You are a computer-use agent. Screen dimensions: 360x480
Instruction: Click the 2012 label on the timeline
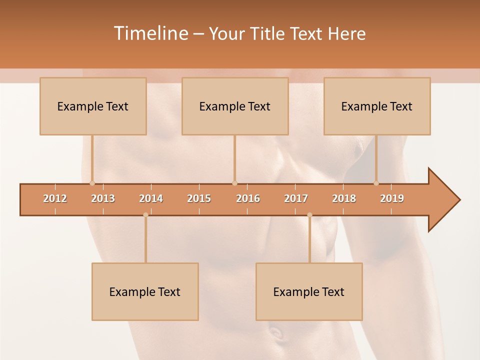click(x=55, y=198)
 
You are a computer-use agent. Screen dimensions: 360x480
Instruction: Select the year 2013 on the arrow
click(x=103, y=198)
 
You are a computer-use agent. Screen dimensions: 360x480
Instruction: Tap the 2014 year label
click(x=151, y=198)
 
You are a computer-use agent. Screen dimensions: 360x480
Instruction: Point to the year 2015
click(x=199, y=198)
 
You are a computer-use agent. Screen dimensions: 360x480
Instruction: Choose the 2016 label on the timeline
click(x=248, y=198)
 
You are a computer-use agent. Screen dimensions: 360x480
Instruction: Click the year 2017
click(x=296, y=198)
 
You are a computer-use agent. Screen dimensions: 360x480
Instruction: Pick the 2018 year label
click(x=344, y=198)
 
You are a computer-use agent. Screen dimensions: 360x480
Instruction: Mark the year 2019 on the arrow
click(x=392, y=198)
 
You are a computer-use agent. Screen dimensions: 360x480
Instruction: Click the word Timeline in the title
click(x=150, y=33)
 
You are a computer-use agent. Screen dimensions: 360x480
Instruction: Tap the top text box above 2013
click(x=93, y=106)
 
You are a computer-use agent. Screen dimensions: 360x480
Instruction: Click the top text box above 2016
click(x=235, y=106)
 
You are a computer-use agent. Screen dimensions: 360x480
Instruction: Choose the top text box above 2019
click(x=377, y=106)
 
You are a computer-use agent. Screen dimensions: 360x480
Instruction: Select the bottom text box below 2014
click(x=145, y=292)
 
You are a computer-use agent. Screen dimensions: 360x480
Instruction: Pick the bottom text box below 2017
click(x=309, y=292)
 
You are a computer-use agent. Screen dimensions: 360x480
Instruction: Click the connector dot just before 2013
click(x=92, y=183)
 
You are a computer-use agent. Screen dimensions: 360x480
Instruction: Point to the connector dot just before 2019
click(x=376, y=183)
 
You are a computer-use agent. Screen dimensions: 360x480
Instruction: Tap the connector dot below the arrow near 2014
click(x=145, y=215)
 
